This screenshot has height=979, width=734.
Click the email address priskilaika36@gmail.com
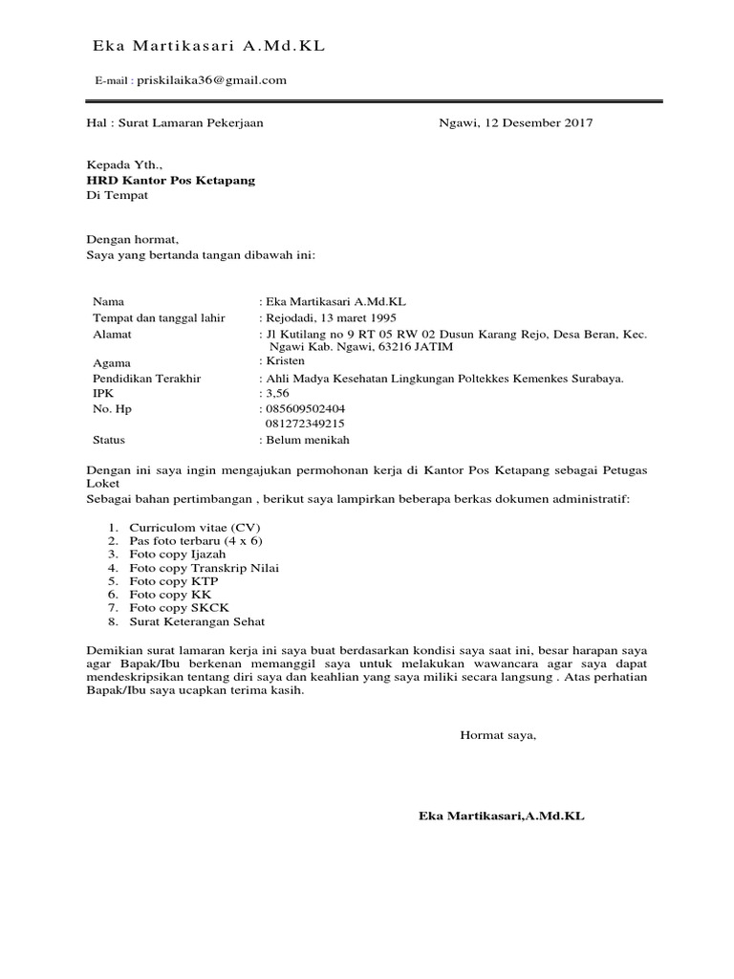[x=211, y=80]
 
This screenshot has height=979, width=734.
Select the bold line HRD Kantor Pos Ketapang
[x=171, y=180]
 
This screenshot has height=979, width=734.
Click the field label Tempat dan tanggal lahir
[x=159, y=317]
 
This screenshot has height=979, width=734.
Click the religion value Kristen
[x=286, y=361]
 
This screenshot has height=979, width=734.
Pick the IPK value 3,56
[x=275, y=393]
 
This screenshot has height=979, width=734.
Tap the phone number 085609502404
[x=305, y=408]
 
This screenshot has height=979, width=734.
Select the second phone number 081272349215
[x=305, y=424]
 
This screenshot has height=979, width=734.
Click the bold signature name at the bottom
[x=501, y=816]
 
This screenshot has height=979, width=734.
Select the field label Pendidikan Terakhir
[x=147, y=378]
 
